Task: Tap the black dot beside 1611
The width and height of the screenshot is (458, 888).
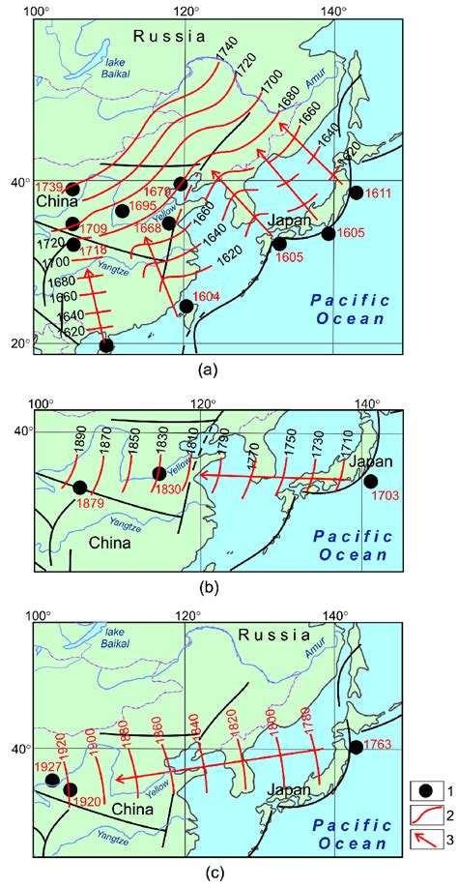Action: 356,192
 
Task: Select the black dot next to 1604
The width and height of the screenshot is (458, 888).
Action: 186,307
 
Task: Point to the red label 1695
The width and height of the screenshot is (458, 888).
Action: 146,207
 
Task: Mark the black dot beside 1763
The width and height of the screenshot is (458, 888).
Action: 356,747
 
